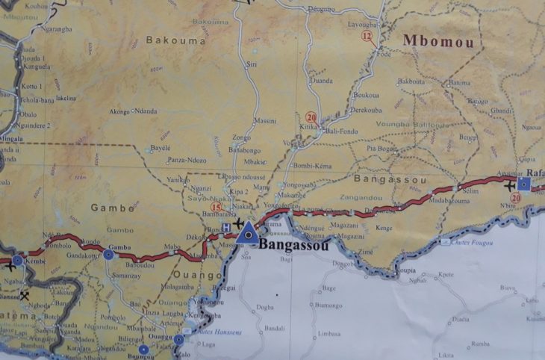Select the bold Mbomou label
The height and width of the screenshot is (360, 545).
pos(438,42)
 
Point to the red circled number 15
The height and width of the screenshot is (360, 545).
pos(217,208)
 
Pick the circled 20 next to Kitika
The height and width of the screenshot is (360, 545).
pos(311,117)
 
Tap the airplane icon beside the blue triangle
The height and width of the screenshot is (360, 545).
pos(238,223)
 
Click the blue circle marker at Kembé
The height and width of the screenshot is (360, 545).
pos(17,261)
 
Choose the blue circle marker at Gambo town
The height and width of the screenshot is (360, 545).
pos(109,254)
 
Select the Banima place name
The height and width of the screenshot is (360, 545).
pos(460,82)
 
